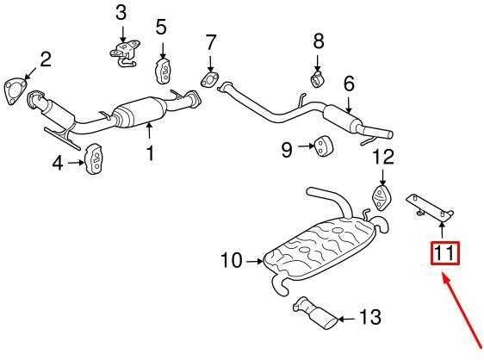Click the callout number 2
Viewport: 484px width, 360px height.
click(x=46, y=59)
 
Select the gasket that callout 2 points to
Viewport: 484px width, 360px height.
click(x=15, y=91)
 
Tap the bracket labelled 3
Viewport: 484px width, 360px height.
click(x=125, y=53)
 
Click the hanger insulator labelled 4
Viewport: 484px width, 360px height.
click(x=94, y=159)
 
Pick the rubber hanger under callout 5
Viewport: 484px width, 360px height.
click(x=163, y=71)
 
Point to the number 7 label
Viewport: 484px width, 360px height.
click(x=210, y=41)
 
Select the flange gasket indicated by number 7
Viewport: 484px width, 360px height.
click(x=210, y=79)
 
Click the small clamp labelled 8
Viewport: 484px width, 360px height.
click(x=317, y=79)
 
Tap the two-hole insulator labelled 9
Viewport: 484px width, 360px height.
click(x=323, y=146)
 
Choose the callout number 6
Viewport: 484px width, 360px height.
click(x=349, y=84)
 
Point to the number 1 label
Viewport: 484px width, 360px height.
click(x=150, y=153)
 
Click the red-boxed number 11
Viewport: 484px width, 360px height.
click(x=445, y=253)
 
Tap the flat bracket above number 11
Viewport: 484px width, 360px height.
click(x=430, y=208)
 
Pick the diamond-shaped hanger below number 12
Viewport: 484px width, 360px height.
click(x=382, y=197)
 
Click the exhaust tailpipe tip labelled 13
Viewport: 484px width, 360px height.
click(x=315, y=313)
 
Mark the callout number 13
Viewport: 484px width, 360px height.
click(x=370, y=317)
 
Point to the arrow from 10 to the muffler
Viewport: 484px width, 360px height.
click(x=255, y=262)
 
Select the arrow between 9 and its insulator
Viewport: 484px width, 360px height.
click(x=307, y=146)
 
